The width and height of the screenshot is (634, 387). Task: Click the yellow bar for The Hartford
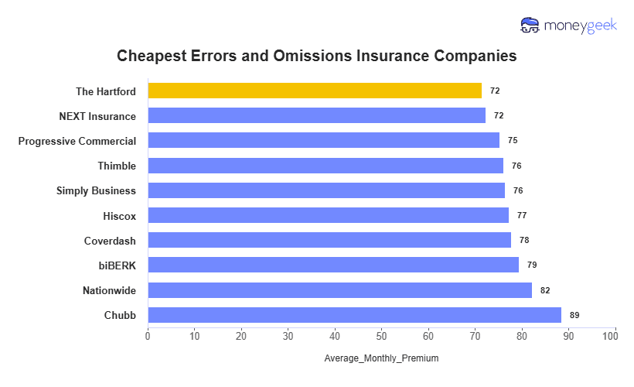point(314,91)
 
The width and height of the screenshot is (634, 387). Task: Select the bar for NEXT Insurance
point(316,115)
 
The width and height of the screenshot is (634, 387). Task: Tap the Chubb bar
point(354,315)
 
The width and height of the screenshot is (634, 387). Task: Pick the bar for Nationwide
point(339,290)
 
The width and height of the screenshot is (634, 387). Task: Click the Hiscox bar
point(328,215)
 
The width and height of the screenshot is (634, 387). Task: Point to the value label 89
point(574,315)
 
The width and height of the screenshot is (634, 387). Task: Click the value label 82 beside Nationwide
point(545,290)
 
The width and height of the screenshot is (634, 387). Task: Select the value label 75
point(513,141)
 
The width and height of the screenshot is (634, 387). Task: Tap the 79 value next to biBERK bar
point(532,265)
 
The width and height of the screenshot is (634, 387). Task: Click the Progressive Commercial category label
point(77,141)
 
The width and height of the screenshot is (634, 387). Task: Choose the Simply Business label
point(96,190)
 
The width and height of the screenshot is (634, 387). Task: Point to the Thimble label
point(117,166)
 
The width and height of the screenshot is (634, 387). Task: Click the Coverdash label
point(110,241)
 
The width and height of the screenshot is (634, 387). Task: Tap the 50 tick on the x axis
point(381,336)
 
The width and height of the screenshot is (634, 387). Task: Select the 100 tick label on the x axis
point(615,336)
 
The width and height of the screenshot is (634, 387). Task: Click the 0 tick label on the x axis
point(148,336)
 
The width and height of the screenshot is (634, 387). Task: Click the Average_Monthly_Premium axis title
point(381,358)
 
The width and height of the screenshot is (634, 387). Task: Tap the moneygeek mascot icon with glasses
point(530,26)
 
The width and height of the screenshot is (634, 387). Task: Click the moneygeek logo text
point(581,26)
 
